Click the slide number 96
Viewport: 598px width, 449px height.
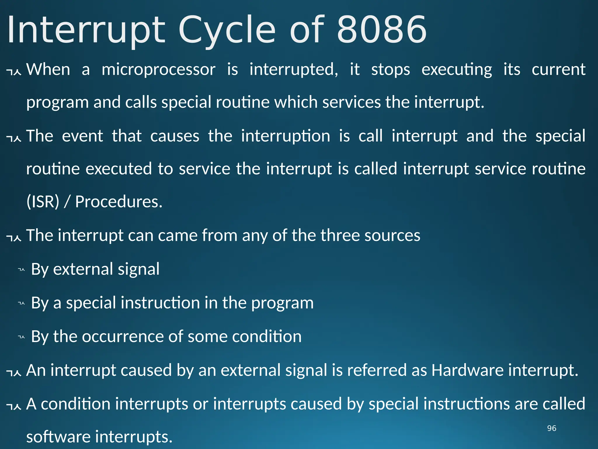click(552, 428)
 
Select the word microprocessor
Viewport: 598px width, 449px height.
click(159, 70)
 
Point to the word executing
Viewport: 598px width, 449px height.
click(457, 70)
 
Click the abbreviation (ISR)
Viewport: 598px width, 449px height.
click(43, 202)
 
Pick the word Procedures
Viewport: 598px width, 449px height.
click(119, 202)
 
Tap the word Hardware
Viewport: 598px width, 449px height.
click(467, 370)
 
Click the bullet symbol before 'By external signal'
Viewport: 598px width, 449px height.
click(21, 270)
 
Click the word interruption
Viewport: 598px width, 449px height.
click(286, 136)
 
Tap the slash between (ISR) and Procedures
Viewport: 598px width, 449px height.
click(67, 202)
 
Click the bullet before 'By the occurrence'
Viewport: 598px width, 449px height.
click(21, 337)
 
